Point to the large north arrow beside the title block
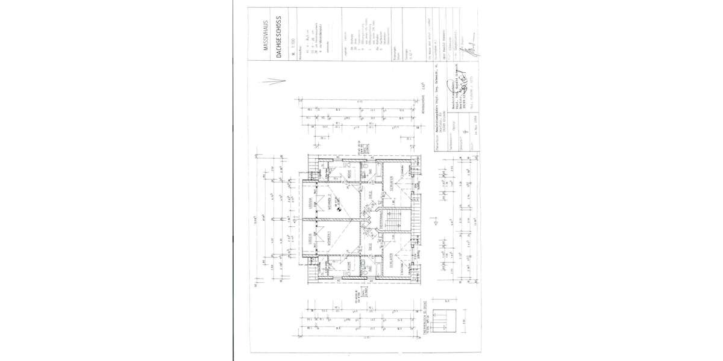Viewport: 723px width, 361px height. point(272,82)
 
